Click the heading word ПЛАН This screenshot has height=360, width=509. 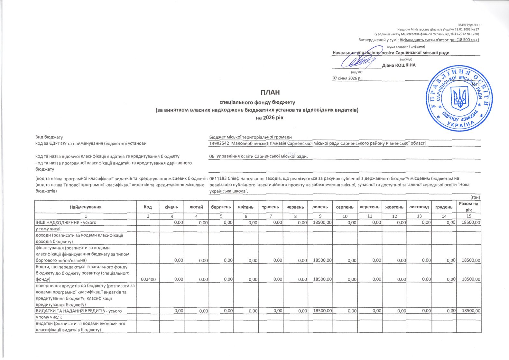click(270, 93)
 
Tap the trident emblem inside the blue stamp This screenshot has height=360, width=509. click(459, 98)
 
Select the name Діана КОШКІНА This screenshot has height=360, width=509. click(399, 65)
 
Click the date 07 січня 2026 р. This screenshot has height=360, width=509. click(347, 78)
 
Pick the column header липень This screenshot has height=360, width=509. click(320, 207)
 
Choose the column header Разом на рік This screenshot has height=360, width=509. click(468, 207)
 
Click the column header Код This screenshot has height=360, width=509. click(148, 207)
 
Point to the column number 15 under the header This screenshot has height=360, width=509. click(468, 216)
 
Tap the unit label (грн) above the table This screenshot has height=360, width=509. click(475, 197)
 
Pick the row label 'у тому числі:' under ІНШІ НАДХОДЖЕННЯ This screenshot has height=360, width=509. click(49, 229)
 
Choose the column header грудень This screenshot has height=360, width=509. click(444, 207)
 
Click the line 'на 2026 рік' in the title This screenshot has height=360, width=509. click(269, 118)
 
